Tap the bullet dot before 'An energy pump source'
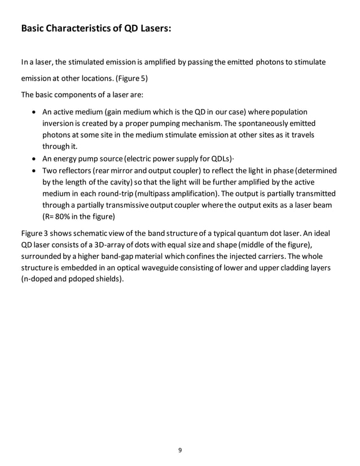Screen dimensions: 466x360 36,158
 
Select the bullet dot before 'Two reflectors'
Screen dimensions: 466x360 36,170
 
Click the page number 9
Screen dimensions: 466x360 179,450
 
